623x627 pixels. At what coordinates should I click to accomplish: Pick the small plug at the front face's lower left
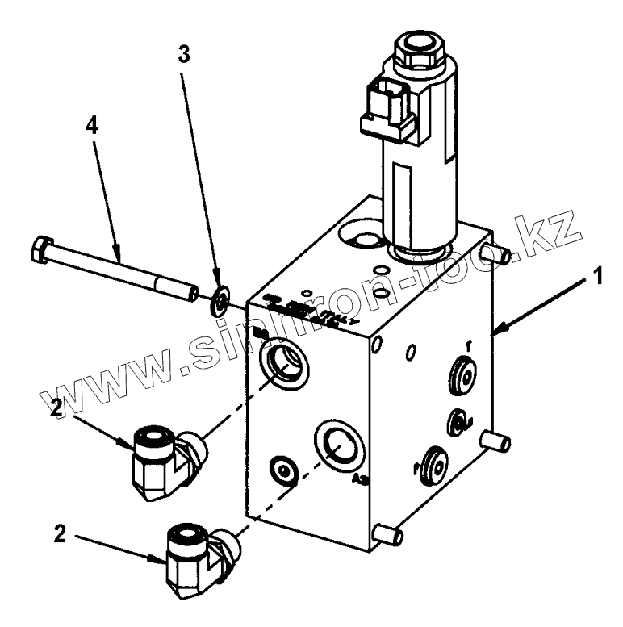coord(285,470)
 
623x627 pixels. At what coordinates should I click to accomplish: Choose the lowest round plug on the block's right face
coord(433,464)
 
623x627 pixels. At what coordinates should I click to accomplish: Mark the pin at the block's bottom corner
coord(387,534)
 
